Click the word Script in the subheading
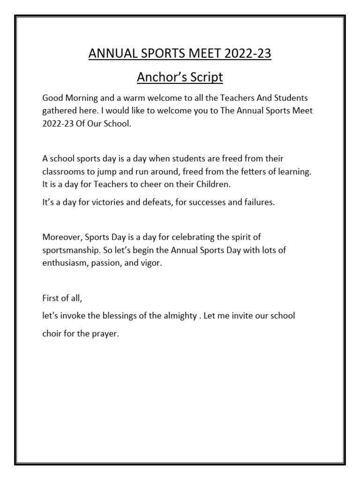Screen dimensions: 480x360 coord(203,77)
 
